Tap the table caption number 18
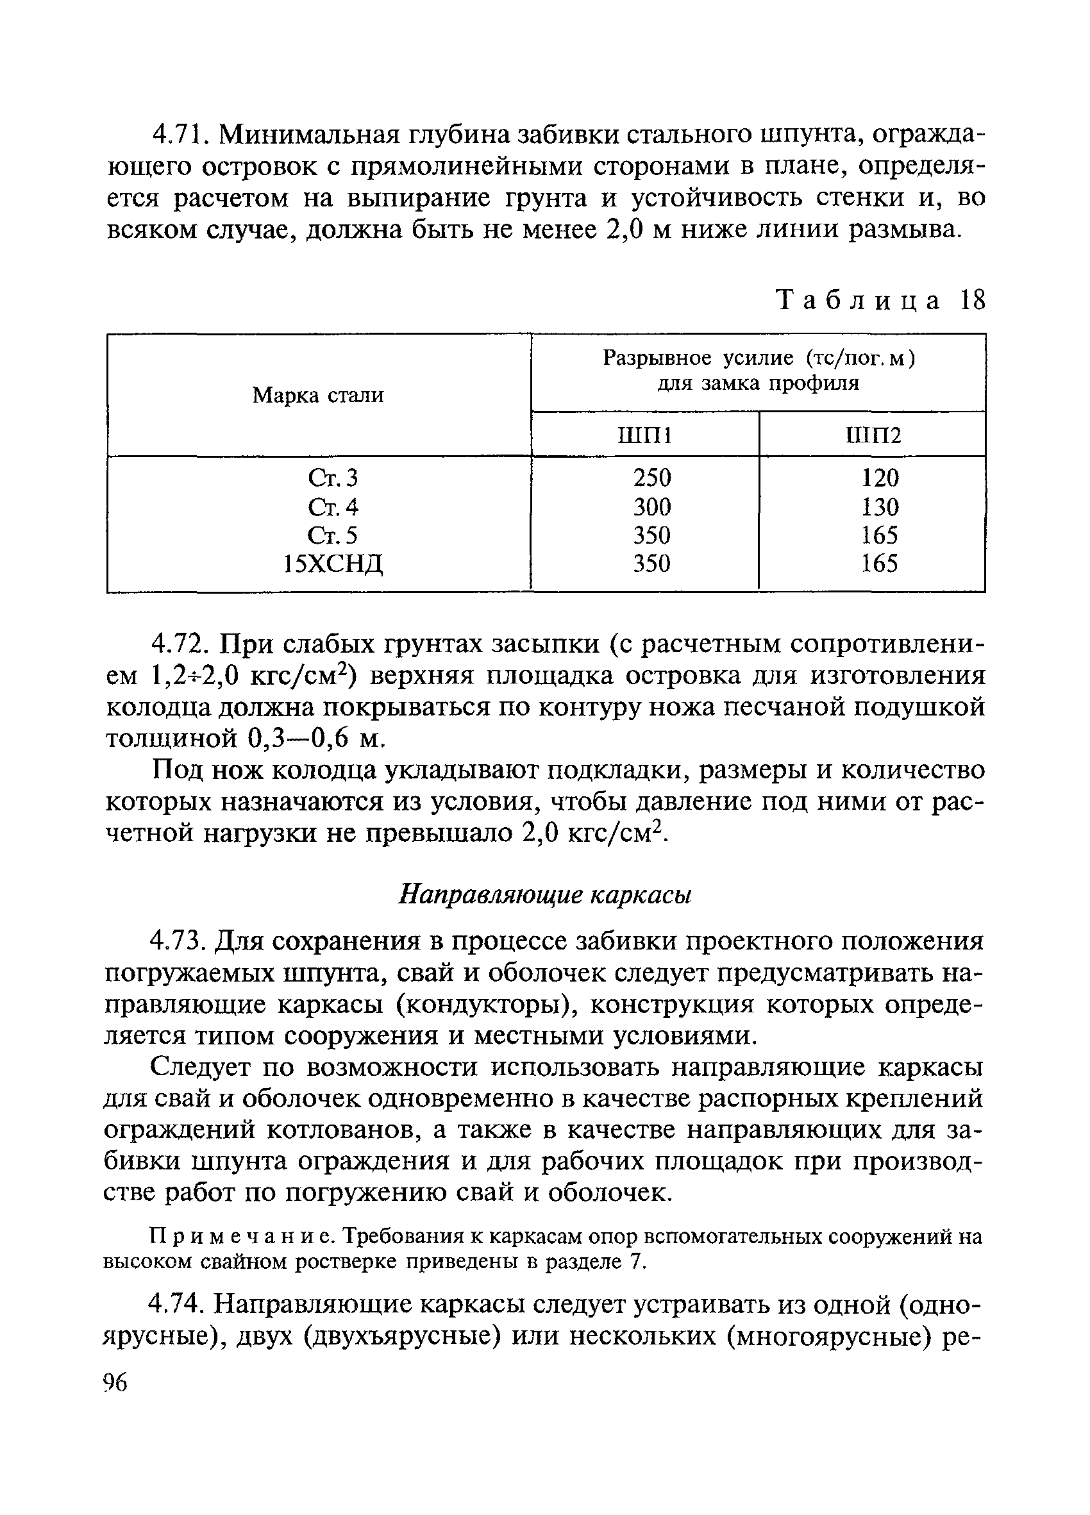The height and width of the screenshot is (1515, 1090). (x=973, y=301)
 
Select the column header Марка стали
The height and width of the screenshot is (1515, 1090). (x=318, y=396)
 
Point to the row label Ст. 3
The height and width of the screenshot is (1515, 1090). (x=333, y=478)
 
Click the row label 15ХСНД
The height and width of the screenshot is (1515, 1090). (x=333, y=564)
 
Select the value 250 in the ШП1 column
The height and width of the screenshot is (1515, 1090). (x=651, y=478)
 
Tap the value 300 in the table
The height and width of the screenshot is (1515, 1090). (x=651, y=507)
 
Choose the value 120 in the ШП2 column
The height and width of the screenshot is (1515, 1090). (x=880, y=478)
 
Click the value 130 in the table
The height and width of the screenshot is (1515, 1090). (x=880, y=507)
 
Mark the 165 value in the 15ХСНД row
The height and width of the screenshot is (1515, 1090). (x=880, y=564)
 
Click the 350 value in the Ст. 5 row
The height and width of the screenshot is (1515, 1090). (x=651, y=536)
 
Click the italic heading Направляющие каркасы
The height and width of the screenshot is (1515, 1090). (x=544, y=895)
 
